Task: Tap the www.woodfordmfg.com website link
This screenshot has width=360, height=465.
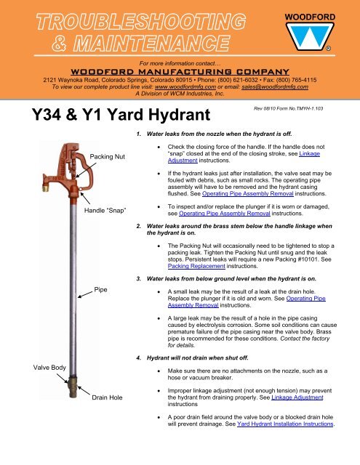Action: pos(185,87)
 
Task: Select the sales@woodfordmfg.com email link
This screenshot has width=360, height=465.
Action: pos(275,87)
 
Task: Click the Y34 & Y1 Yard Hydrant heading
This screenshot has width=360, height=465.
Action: pos(121,115)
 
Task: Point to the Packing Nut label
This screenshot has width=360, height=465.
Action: pos(108,157)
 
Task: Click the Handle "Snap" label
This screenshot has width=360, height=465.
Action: pos(105,211)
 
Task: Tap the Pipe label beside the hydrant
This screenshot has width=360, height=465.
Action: pos(100,289)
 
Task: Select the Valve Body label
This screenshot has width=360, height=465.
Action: pos(49,368)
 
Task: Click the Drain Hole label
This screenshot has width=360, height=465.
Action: pos(107,397)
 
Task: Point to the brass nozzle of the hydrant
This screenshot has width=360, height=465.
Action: pos(45,187)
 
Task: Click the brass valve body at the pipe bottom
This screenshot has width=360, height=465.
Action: pos(72,387)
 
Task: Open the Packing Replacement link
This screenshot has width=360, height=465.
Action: pos(196,266)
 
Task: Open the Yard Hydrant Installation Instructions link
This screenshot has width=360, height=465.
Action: pos(285,424)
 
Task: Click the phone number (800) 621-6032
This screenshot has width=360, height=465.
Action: pos(238,80)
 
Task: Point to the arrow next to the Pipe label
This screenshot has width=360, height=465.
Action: pos(85,294)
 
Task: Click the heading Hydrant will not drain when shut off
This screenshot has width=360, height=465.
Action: pos(197,358)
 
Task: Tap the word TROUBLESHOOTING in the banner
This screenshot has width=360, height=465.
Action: pos(141,22)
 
